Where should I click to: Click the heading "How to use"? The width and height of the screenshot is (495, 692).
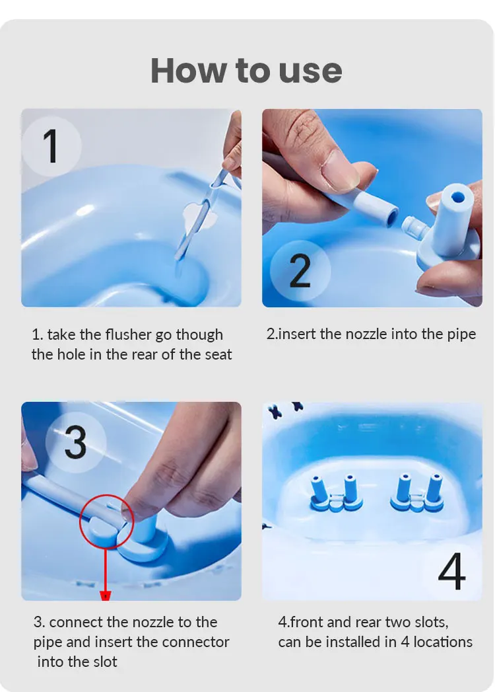point(246,71)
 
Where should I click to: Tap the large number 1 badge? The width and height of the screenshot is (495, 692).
point(51,146)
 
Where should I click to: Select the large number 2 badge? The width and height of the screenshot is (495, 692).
point(300,270)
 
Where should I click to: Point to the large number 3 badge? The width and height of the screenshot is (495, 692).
point(76,443)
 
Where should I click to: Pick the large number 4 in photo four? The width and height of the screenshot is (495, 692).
point(452,571)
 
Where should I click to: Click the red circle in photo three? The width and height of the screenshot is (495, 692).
point(106,521)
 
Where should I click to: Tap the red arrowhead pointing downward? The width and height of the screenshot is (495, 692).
point(106,596)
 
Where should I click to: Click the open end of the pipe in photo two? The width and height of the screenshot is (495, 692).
point(391,216)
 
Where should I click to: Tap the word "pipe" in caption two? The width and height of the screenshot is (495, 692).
point(461,335)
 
